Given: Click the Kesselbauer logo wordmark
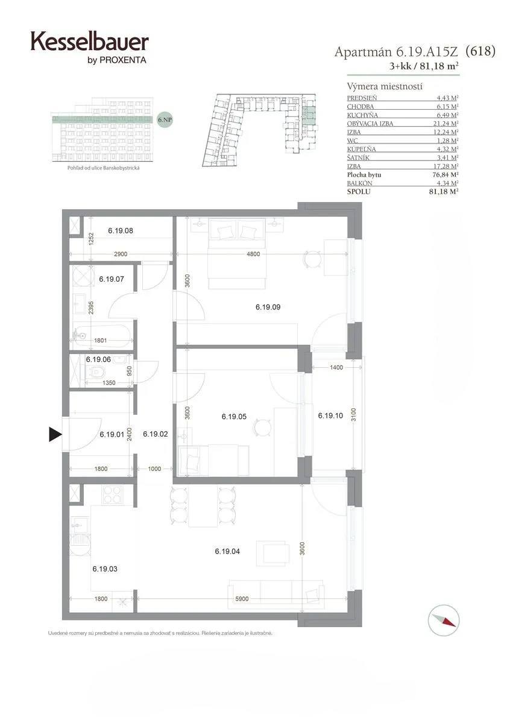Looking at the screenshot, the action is point(90,42).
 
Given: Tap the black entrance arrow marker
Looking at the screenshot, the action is point(55,434).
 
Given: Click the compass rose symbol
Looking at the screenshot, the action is point(444,620).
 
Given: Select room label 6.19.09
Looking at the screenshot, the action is point(268,308).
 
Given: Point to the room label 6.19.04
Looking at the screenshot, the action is point(227,551).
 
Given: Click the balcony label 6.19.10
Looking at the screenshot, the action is point(330,415).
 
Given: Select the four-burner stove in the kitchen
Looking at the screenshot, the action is point(113,494).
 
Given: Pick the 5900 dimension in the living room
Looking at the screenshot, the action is point(242,599).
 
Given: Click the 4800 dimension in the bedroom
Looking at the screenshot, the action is point(253,254).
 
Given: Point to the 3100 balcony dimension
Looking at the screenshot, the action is point(353,415).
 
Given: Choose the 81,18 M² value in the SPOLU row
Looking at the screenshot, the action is point(444,192).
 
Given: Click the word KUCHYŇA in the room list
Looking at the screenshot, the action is point(362,115).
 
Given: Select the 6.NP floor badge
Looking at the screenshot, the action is point(165,120).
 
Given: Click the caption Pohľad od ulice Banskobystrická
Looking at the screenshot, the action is point(103,168).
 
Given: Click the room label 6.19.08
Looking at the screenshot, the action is point(121,231).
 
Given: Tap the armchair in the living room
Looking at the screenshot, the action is point(272,554).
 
